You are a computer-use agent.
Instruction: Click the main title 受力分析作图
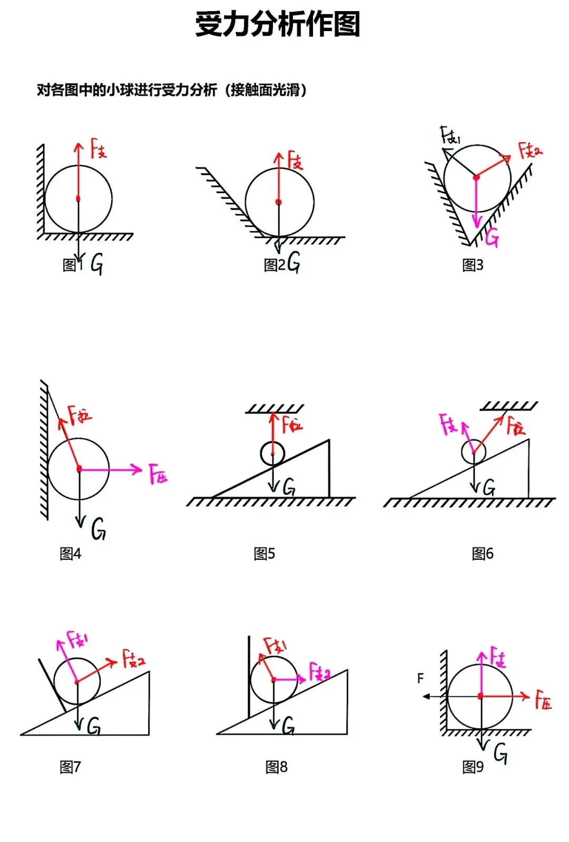(x=278, y=24)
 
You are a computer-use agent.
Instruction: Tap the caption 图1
(x=73, y=265)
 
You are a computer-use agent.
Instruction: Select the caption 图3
(x=473, y=265)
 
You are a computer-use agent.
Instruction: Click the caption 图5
(x=264, y=553)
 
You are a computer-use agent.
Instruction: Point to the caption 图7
(x=70, y=767)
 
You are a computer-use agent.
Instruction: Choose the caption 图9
(x=473, y=767)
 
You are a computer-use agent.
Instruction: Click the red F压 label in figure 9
(x=543, y=699)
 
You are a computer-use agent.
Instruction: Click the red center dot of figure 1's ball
(x=78, y=199)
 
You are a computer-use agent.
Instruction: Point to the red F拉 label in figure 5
(x=292, y=423)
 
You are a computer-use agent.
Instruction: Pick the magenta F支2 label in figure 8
(x=320, y=672)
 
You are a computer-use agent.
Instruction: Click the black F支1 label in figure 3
(x=450, y=136)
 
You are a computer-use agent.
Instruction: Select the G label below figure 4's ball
(x=99, y=529)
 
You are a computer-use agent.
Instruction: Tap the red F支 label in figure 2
(x=295, y=160)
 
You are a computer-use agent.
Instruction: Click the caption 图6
(x=483, y=553)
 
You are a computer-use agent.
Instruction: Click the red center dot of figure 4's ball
(x=79, y=468)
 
